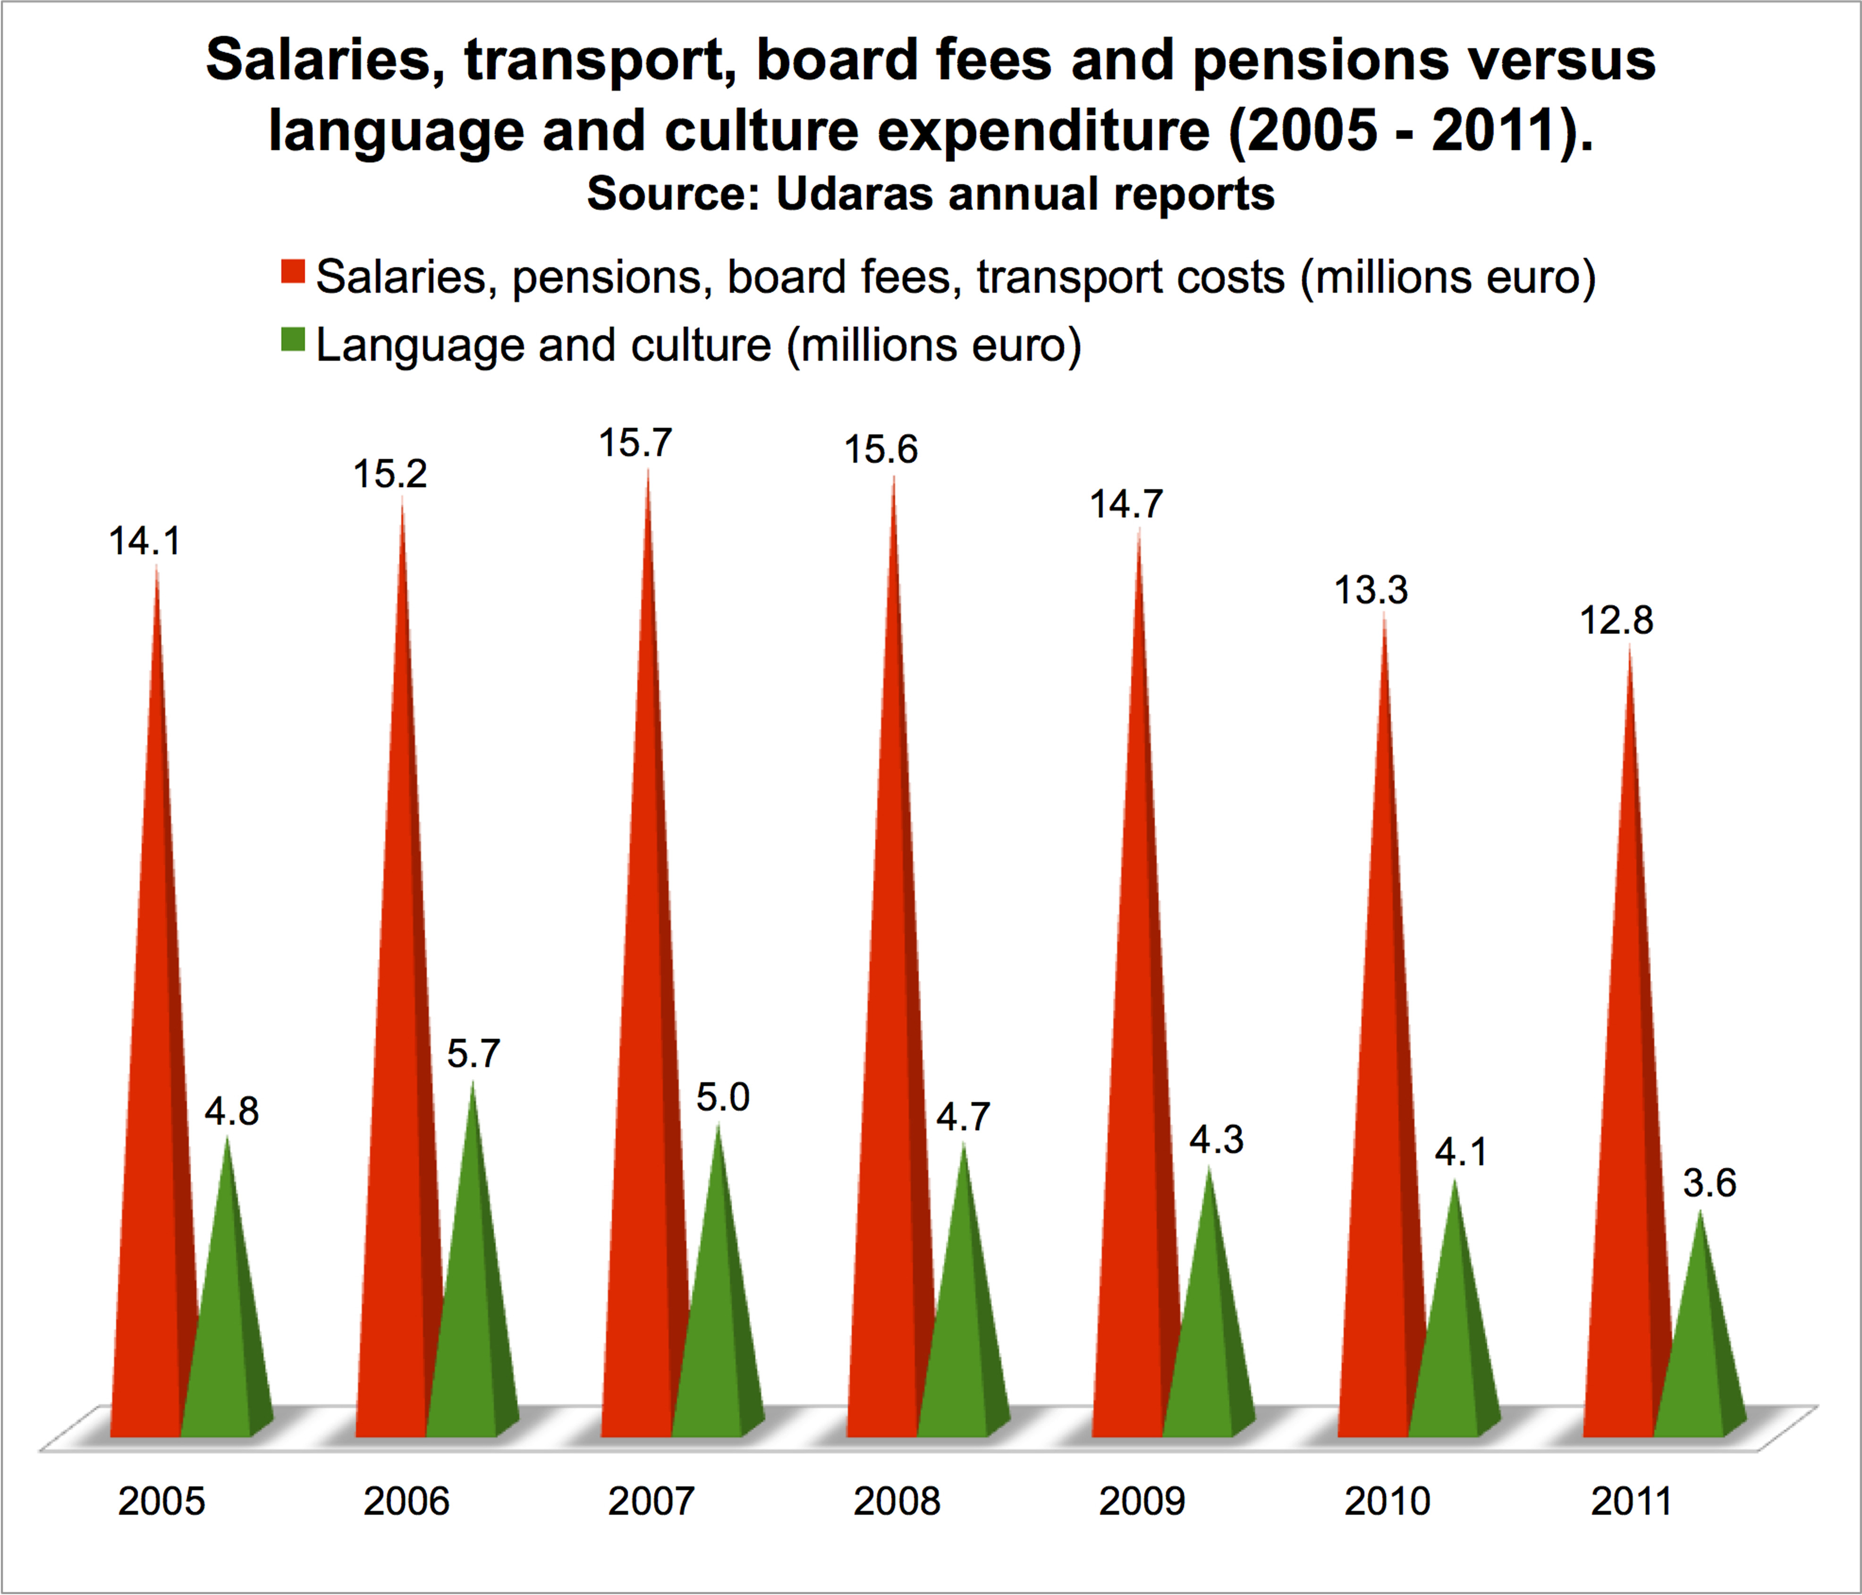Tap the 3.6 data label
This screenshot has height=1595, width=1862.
[x=1709, y=1183]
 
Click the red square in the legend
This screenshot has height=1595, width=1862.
[x=293, y=271]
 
